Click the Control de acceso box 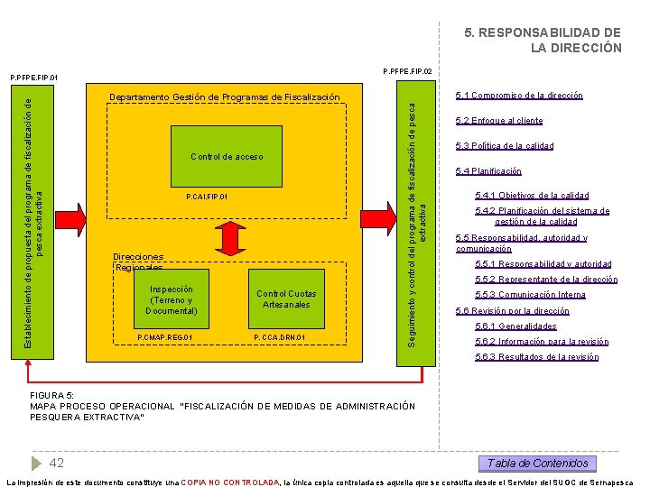click(x=227, y=157)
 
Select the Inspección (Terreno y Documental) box click(x=171, y=300)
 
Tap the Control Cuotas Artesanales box click(x=286, y=299)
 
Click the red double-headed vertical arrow click(x=232, y=237)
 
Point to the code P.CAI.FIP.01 click(x=207, y=197)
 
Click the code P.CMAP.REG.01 click(x=164, y=338)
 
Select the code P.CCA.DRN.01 click(x=280, y=338)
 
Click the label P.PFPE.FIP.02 click(x=407, y=71)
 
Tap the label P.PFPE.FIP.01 click(x=33, y=78)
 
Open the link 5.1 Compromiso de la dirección click(x=519, y=96)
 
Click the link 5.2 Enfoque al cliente click(x=499, y=121)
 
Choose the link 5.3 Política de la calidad click(x=505, y=146)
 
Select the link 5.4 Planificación click(x=488, y=171)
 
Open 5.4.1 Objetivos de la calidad click(x=532, y=196)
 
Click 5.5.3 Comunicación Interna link click(x=530, y=295)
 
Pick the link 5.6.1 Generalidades click(x=515, y=326)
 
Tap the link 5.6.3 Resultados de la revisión click(x=536, y=357)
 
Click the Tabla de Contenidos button click(x=537, y=464)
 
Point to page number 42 click(x=56, y=463)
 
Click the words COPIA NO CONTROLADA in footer click(x=230, y=482)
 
